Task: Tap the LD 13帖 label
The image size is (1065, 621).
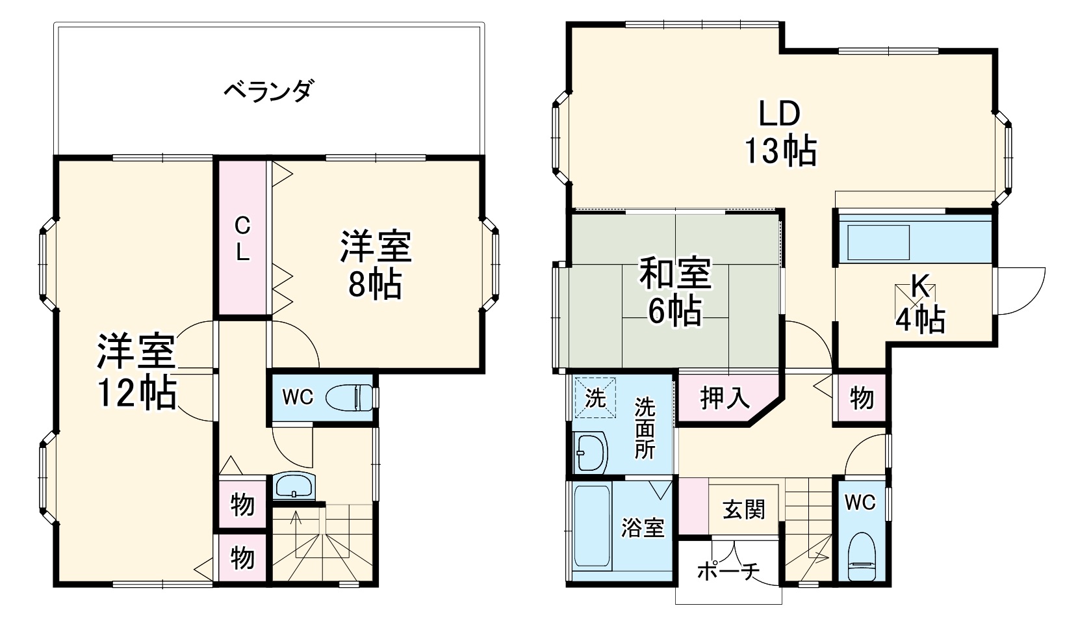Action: [780, 133]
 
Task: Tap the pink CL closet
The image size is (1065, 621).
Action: [242, 238]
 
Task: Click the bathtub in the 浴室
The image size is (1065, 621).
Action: [592, 527]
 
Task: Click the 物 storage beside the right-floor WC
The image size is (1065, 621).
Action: [861, 397]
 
